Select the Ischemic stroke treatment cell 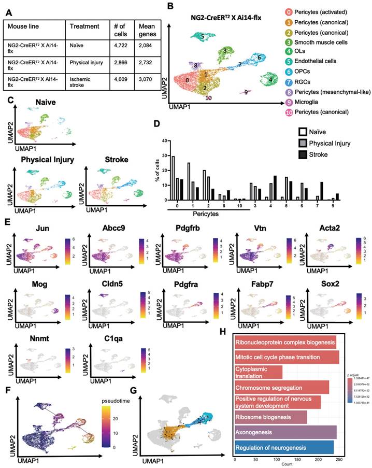pyautogui.click(x=86, y=83)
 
